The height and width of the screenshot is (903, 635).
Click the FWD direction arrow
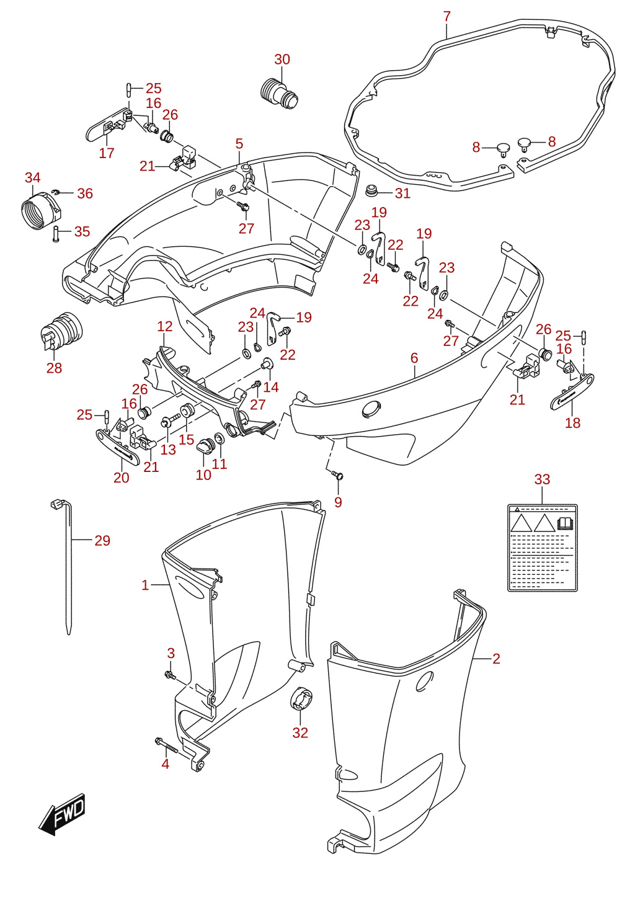click(x=61, y=814)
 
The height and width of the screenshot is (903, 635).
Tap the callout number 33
click(x=542, y=479)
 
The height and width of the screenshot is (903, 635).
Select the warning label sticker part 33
click(x=542, y=548)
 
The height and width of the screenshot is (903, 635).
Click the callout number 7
click(x=446, y=17)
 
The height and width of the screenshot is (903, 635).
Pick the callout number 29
click(x=102, y=541)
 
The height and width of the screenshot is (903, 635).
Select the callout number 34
click(x=33, y=177)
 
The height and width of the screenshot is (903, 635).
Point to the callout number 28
click(x=54, y=368)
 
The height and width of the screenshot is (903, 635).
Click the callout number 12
click(x=164, y=326)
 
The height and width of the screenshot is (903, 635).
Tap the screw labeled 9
click(x=337, y=476)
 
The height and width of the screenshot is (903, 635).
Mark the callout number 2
click(x=496, y=658)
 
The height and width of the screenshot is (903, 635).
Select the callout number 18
click(x=572, y=422)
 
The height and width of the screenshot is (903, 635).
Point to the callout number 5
click(x=239, y=143)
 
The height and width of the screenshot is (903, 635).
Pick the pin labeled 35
click(x=56, y=234)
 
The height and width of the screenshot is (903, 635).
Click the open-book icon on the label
click(x=565, y=523)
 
